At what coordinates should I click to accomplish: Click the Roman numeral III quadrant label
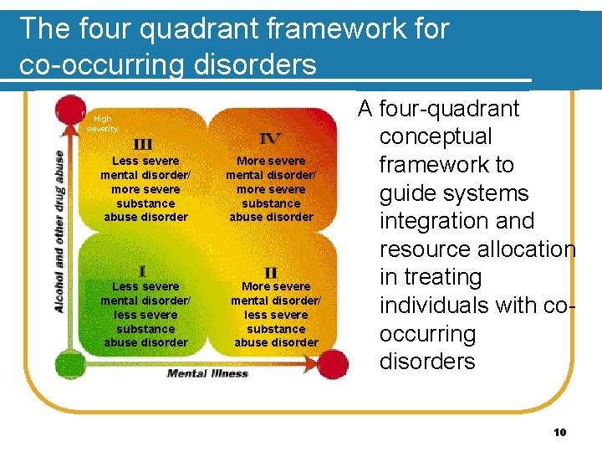pyautogui.click(x=143, y=144)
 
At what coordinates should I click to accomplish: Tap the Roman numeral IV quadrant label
pyautogui.click(x=270, y=139)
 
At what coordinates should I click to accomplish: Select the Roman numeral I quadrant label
pyautogui.click(x=143, y=270)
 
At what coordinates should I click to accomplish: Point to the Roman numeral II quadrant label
pyautogui.click(x=270, y=273)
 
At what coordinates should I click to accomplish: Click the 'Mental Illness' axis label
pyautogui.click(x=207, y=373)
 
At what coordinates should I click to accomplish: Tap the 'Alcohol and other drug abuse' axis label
pyautogui.click(x=60, y=232)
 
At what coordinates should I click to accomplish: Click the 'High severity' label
pyautogui.click(x=102, y=124)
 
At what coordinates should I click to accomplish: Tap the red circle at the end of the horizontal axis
pyautogui.click(x=333, y=365)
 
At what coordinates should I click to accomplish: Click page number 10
pyautogui.click(x=560, y=432)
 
